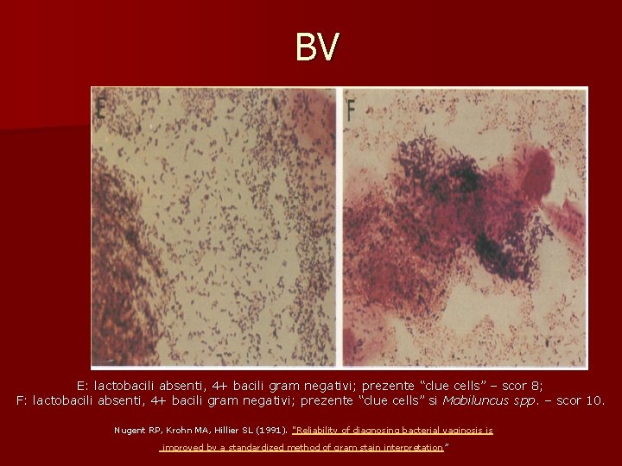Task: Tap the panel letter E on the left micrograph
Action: pos(102,109)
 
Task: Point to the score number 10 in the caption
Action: pos(597,400)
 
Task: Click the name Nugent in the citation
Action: pos(130,430)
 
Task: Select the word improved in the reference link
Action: pos(181,448)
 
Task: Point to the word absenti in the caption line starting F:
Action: pos(117,400)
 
